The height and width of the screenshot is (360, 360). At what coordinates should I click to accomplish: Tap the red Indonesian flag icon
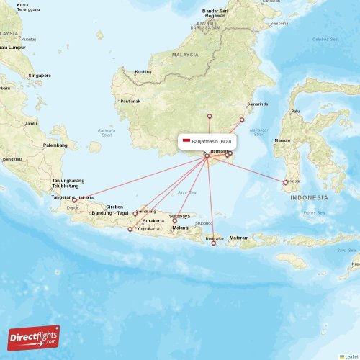186,141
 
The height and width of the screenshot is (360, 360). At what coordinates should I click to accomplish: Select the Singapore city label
39,75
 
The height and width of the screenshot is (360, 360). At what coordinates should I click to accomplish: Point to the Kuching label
143,71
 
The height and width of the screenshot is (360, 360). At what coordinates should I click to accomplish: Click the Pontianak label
130,101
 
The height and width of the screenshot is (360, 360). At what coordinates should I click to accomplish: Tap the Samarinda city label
256,104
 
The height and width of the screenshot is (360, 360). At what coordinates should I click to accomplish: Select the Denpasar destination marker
213,243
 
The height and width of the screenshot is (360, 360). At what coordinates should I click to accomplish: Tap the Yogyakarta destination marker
130,230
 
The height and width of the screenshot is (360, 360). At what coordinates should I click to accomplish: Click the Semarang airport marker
135,214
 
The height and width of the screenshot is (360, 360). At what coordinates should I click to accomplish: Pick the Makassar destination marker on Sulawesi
286,182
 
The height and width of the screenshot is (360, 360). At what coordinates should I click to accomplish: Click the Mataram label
239,238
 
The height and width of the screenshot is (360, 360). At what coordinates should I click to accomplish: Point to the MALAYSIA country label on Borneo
185,55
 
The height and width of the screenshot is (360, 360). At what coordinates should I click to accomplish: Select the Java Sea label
186,192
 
